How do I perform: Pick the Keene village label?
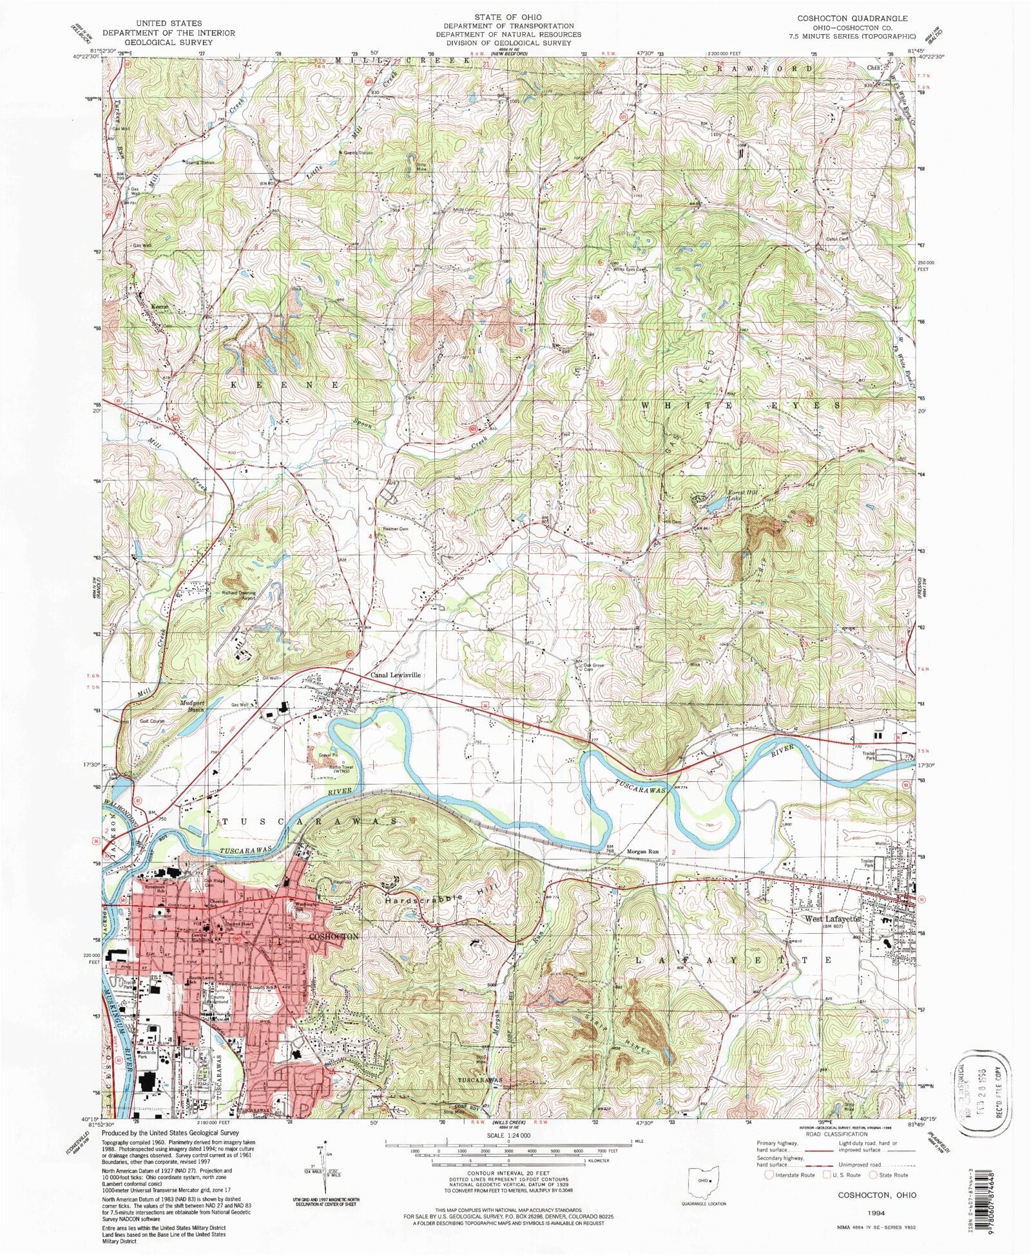pyautogui.click(x=160, y=307)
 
